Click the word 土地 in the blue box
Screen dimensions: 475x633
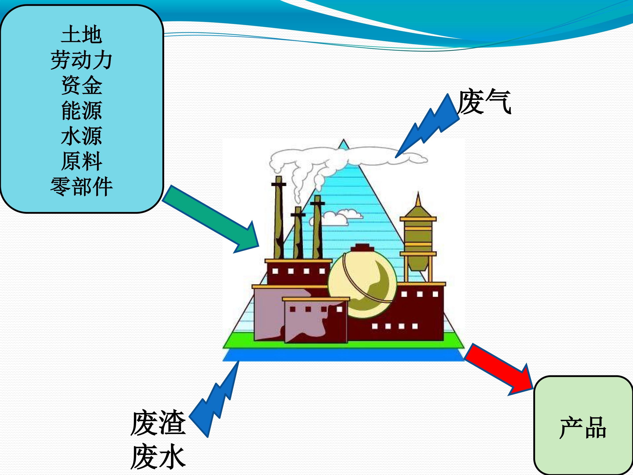(82, 35)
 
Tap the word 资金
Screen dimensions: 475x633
(82, 85)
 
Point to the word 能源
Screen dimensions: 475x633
(82, 111)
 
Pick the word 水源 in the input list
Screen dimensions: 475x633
(82, 136)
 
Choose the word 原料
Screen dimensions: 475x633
(82, 161)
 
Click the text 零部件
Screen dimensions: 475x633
(82, 186)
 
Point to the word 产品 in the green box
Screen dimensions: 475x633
(583, 428)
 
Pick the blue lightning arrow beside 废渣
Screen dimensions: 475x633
(216, 401)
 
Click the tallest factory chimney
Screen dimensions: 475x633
(278, 218)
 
